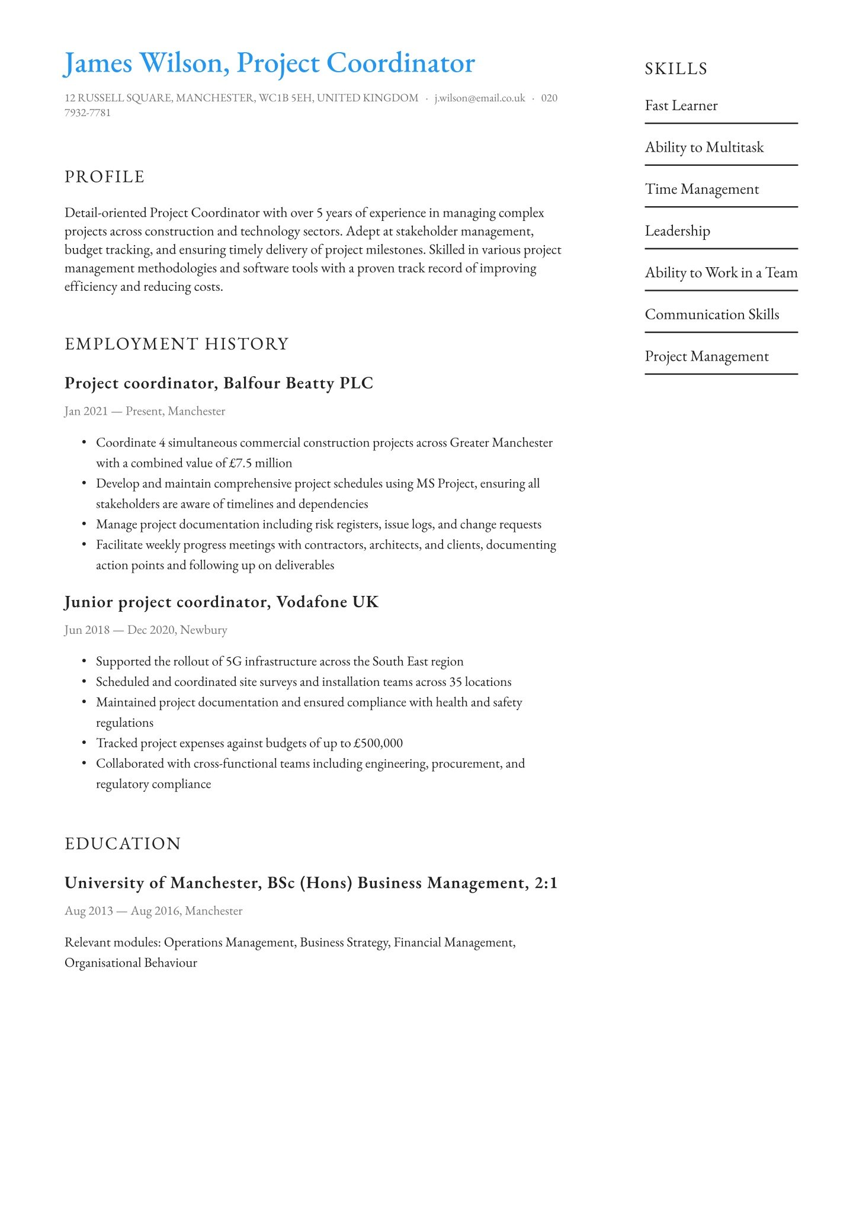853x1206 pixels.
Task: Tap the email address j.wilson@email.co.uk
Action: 480,98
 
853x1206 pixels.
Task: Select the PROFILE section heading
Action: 104,177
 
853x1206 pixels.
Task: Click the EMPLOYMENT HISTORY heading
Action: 177,344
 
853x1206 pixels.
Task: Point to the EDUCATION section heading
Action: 123,843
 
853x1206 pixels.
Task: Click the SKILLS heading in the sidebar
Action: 676,69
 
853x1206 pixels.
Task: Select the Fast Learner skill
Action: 681,105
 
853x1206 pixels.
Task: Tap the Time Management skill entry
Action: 702,189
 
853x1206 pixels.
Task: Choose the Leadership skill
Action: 677,231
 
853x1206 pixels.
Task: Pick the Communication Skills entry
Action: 712,315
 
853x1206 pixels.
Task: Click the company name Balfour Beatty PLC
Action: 298,383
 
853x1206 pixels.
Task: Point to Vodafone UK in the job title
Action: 327,602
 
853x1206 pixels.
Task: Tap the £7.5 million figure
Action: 261,463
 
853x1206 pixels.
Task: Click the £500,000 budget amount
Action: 378,743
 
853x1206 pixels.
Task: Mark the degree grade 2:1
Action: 546,883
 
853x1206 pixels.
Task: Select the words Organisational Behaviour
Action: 131,963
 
